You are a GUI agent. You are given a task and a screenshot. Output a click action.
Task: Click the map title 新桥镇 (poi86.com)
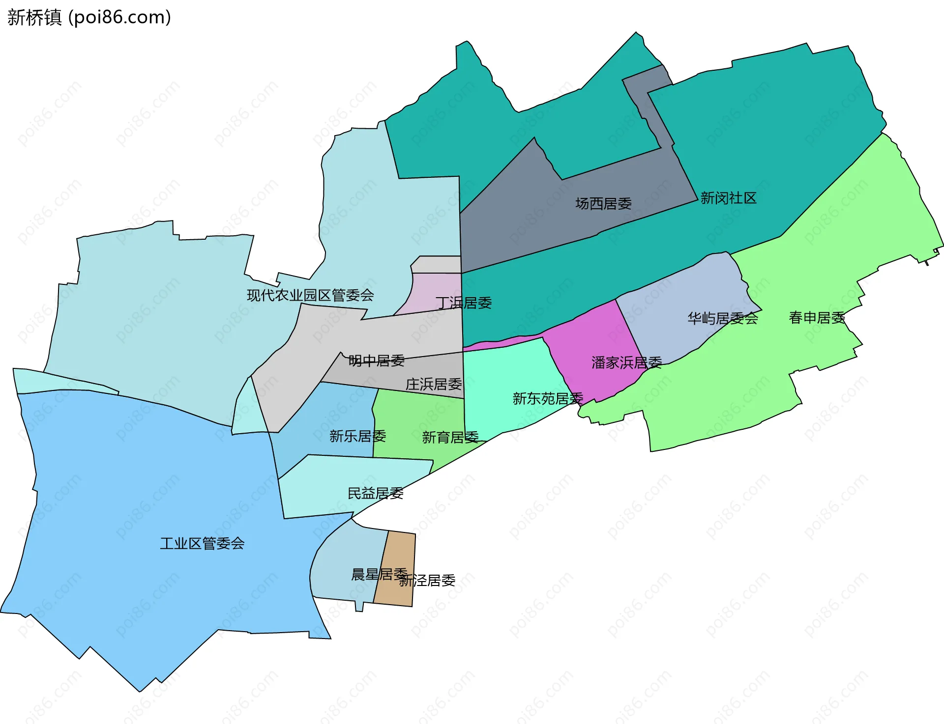point(89,17)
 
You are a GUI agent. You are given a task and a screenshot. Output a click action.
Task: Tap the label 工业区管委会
point(202,543)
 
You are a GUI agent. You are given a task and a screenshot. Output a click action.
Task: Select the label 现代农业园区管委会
point(310,295)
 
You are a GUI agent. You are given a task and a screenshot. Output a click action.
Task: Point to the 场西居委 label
point(603,203)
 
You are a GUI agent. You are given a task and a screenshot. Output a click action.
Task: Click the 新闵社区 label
point(728,198)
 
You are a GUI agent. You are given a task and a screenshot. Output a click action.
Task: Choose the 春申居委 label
point(817,318)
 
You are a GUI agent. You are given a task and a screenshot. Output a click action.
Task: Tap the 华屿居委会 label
point(722,318)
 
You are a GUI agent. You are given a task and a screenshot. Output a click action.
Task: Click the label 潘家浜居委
point(626,362)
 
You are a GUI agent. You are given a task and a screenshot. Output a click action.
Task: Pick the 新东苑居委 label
point(548,398)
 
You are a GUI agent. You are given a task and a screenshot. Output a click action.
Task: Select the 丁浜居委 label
point(464,303)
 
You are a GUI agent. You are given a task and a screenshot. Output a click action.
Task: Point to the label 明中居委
point(376,361)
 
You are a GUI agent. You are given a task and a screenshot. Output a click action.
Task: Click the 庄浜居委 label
point(434,384)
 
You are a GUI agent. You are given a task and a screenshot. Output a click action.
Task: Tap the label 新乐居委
point(357,436)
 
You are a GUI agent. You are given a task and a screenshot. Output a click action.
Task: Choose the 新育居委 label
point(450,437)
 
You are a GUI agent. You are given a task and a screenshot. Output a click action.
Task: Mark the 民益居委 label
point(375,493)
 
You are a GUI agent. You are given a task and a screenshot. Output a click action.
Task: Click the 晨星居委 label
point(379,574)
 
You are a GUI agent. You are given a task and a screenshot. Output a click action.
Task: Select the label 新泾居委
point(427,581)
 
